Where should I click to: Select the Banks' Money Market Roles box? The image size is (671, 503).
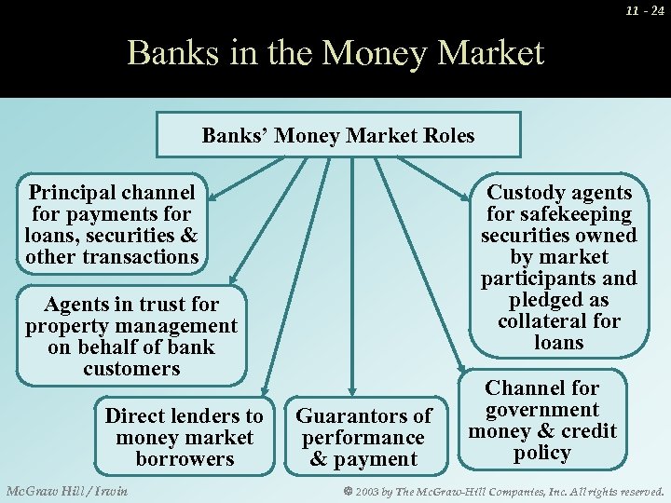tap(337, 135)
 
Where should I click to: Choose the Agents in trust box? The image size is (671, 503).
tap(131, 336)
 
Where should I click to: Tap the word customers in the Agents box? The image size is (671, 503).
tap(131, 369)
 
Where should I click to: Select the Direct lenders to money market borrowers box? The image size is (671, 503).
tap(184, 437)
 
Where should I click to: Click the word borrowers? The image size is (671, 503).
tap(184, 459)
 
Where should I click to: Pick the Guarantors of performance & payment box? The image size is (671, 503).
tap(363, 437)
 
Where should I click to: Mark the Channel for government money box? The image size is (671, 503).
tap(541, 420)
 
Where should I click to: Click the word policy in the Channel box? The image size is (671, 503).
tap(541, 454)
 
